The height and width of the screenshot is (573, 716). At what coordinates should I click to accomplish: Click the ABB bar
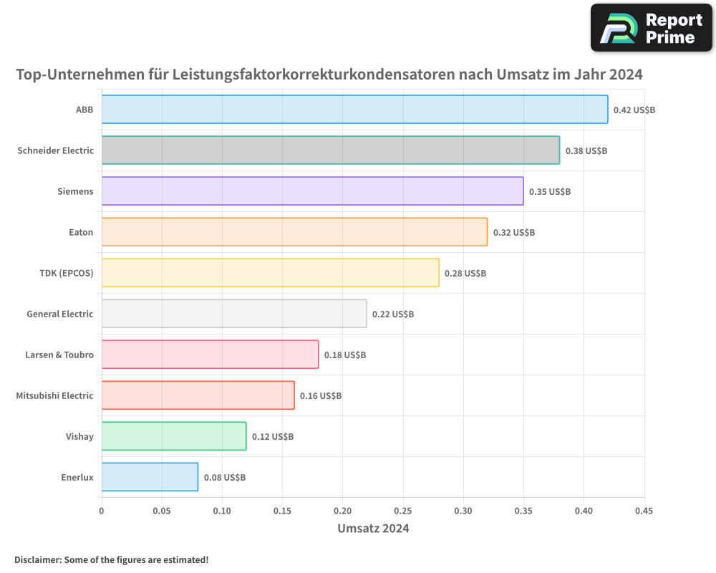coord(354,110)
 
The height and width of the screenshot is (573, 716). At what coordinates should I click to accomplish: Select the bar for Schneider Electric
coord(330,150)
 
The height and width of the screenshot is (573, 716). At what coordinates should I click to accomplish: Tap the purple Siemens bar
coord(312,191)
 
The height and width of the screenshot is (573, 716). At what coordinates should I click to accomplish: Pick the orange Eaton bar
coord(294,232)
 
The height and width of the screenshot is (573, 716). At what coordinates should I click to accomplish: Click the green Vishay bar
coord(174,436)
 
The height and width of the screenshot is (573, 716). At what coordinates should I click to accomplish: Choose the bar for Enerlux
coord(150,477)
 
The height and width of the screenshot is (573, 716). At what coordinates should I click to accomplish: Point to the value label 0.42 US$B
coord(634,110)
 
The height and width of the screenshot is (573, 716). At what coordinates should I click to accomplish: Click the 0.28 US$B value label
coord(465,274)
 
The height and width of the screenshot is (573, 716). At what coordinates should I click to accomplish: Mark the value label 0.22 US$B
coord(393,314)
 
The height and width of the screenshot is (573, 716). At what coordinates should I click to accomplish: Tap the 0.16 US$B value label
coord(321,396)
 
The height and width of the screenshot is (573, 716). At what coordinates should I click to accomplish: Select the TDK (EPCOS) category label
coord(67,273)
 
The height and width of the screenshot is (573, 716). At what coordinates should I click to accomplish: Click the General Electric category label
coord(60,314)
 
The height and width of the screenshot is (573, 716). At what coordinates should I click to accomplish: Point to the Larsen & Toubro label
coord(59,355)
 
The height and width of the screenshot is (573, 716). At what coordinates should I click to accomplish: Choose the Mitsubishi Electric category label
coord(54,395)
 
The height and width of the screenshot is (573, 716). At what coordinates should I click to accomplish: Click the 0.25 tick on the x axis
coord(403,511)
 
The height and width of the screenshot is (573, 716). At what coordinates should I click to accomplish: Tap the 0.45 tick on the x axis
coord(644,511)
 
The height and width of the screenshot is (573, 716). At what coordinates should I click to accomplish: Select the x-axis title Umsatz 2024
coord(373,529)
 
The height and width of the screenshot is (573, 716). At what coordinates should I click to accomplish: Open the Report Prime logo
coord(651,28)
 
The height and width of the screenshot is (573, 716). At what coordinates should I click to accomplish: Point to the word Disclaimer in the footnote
coord(37,559)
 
